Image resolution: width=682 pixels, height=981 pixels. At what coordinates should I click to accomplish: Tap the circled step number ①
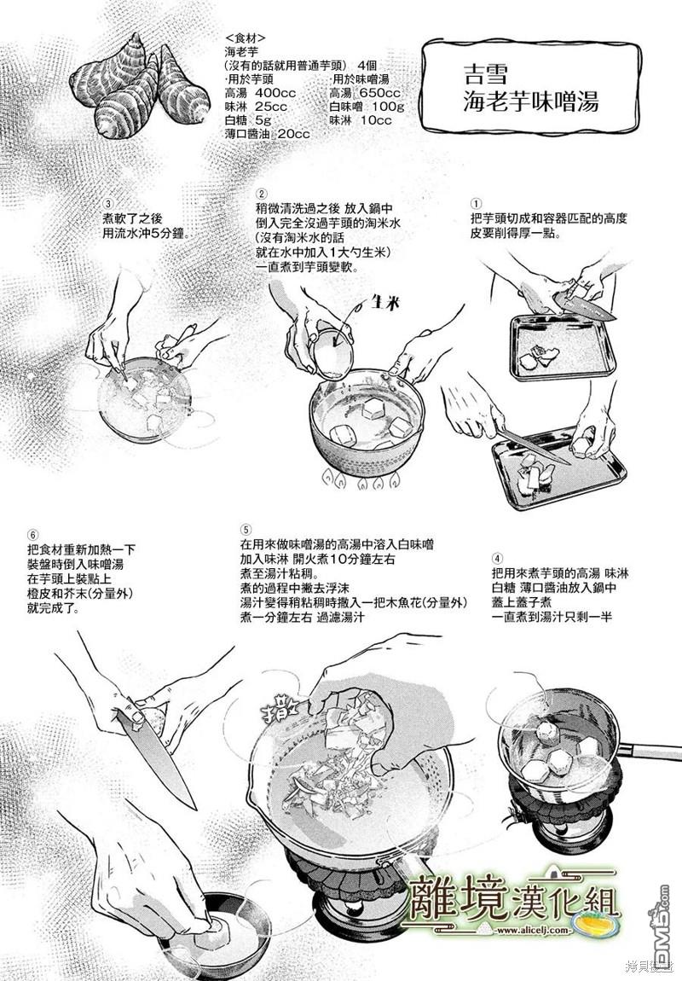tap(477, 204)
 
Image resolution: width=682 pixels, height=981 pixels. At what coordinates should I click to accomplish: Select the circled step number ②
tap(262, 194)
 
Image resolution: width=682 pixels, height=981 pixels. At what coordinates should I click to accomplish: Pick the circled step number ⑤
tap(246, 530)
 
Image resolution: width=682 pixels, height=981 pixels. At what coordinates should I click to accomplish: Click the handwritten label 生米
tap(384, 303)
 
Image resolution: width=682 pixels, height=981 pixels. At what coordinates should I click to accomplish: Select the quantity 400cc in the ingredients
tap(275, 93)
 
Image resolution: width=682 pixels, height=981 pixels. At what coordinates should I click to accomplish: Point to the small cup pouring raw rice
tap(332, 351)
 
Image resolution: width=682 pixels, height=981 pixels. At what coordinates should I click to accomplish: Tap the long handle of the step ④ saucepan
tap(650, 751)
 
